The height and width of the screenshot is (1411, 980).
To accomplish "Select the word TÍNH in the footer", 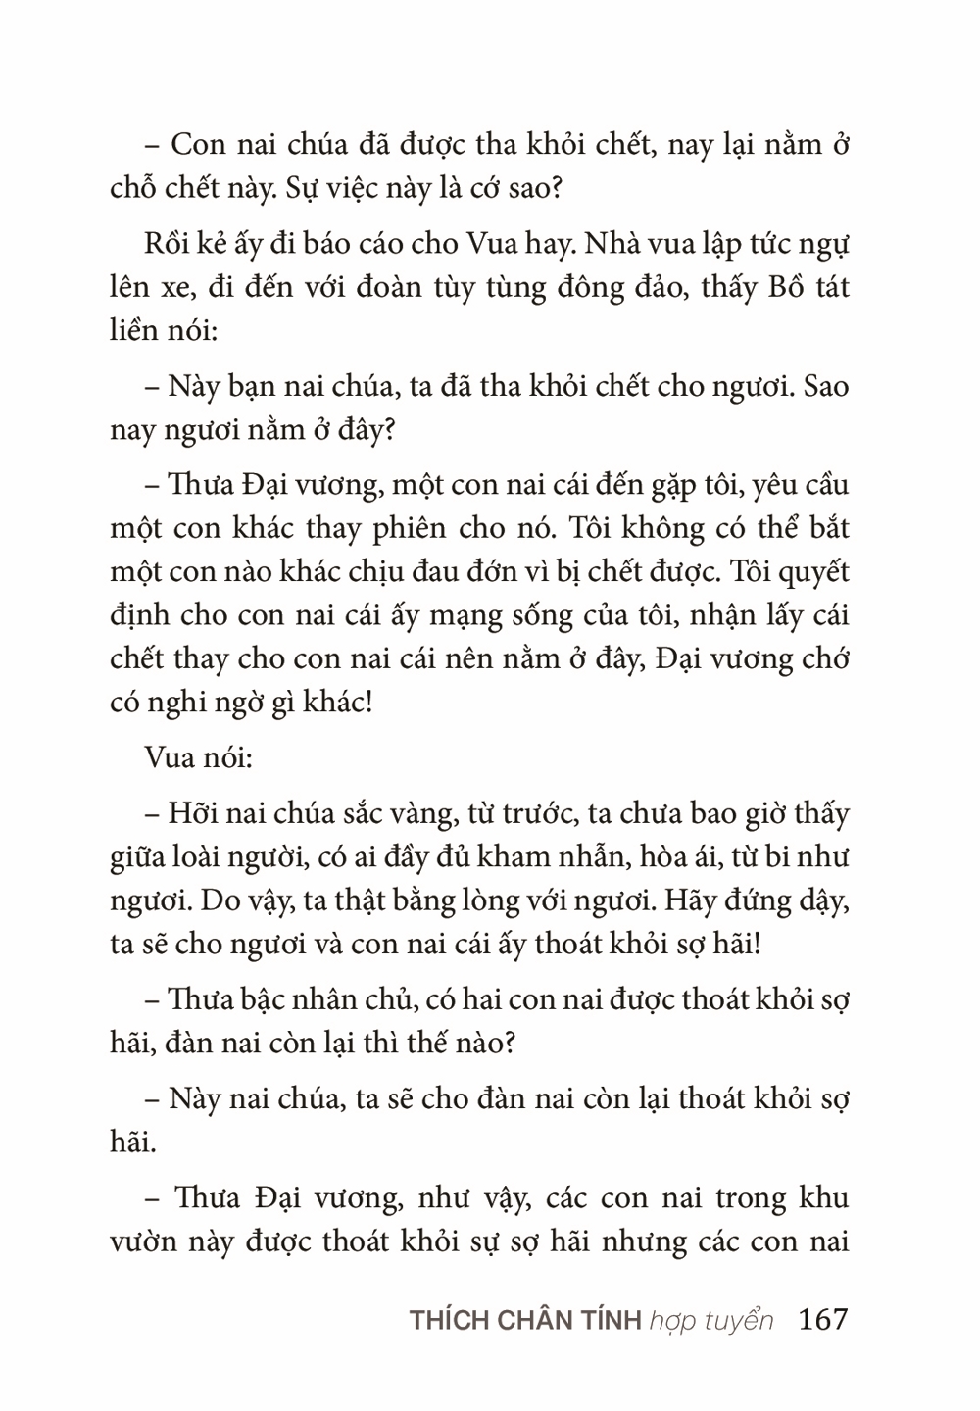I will click(610, 1320).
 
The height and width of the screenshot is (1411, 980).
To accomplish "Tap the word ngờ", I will click(228, 702).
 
